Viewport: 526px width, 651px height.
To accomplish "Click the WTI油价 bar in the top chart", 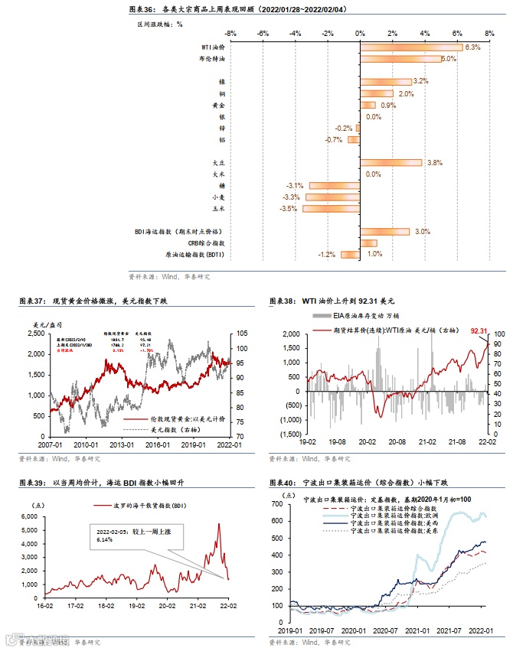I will point(411,47).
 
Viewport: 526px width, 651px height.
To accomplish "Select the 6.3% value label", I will point(472,47).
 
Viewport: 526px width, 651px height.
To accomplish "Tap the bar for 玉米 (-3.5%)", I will point(331,208).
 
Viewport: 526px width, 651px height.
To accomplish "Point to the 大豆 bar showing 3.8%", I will point(390,163).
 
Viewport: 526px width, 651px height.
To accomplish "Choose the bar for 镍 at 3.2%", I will point(386,82).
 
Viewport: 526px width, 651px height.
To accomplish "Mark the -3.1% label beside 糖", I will point(295,186).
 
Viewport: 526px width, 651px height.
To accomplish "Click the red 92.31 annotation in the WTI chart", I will point(479,330).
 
